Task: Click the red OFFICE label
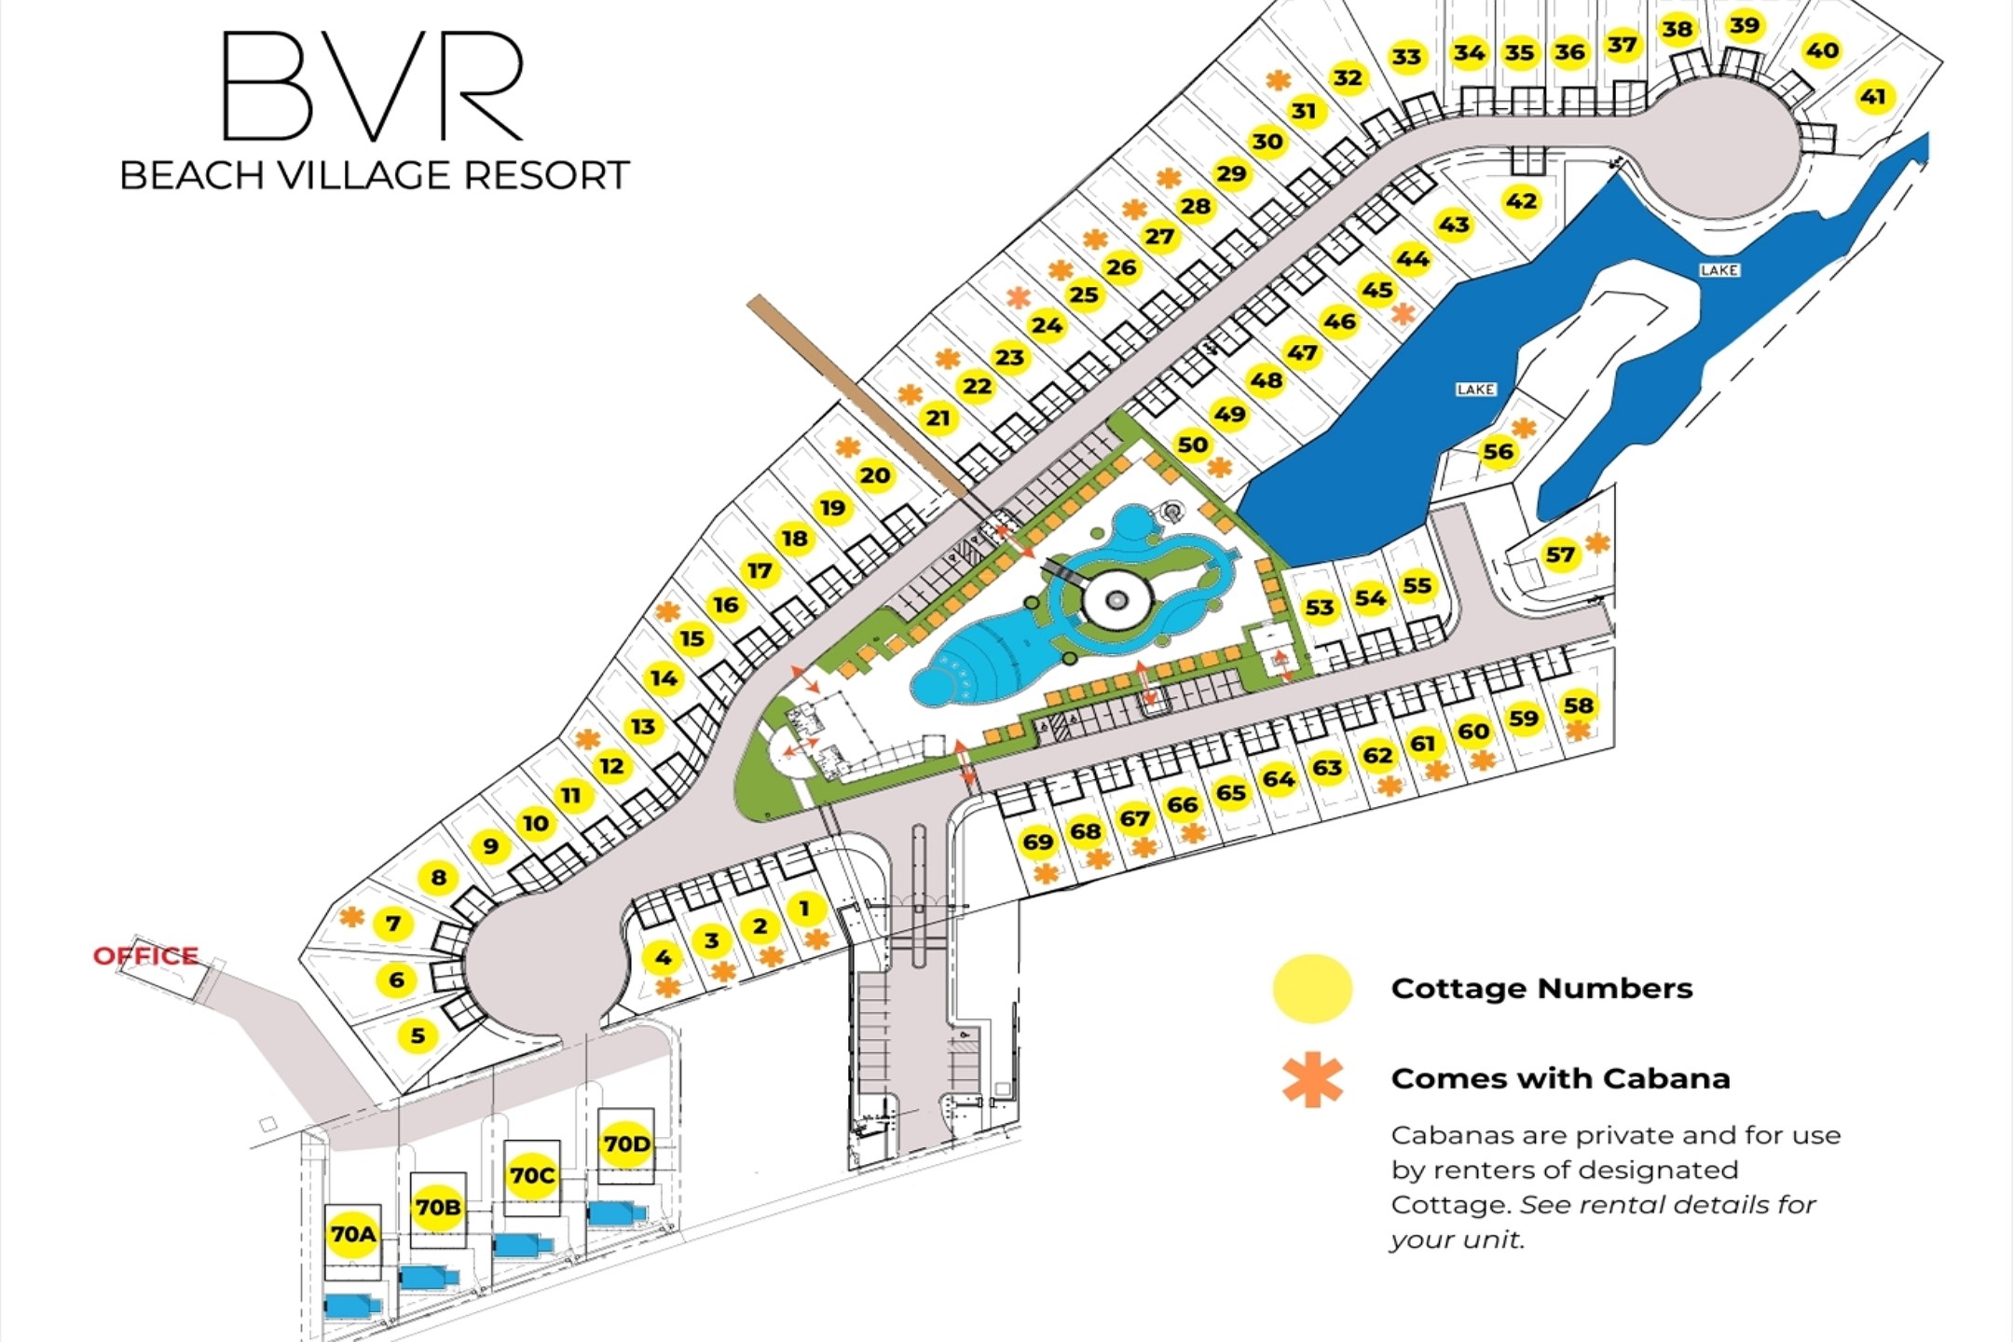coord(145,955)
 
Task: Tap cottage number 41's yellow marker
coord(1873,96)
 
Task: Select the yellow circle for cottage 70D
coord(626,1143)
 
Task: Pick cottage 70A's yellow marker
coord(353,1234)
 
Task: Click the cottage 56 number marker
coord(1498,452)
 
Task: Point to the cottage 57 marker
coord(1560,555)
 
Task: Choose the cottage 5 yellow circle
coord(418,1034)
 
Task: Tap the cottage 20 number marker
coord(874,475)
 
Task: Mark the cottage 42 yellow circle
coord(1521,201)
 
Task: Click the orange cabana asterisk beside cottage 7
coord(351,917)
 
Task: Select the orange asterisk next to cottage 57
coord(1597,541)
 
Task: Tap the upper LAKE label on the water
coord(1719,270)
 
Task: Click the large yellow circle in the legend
coord(1312,989)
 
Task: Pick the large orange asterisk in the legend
coord(1312,1080)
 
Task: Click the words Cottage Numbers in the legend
coord(1541,988)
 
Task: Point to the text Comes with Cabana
coord(1560,1078)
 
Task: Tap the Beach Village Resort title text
coord(375,175)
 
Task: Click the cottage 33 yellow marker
coord(1406,57)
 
